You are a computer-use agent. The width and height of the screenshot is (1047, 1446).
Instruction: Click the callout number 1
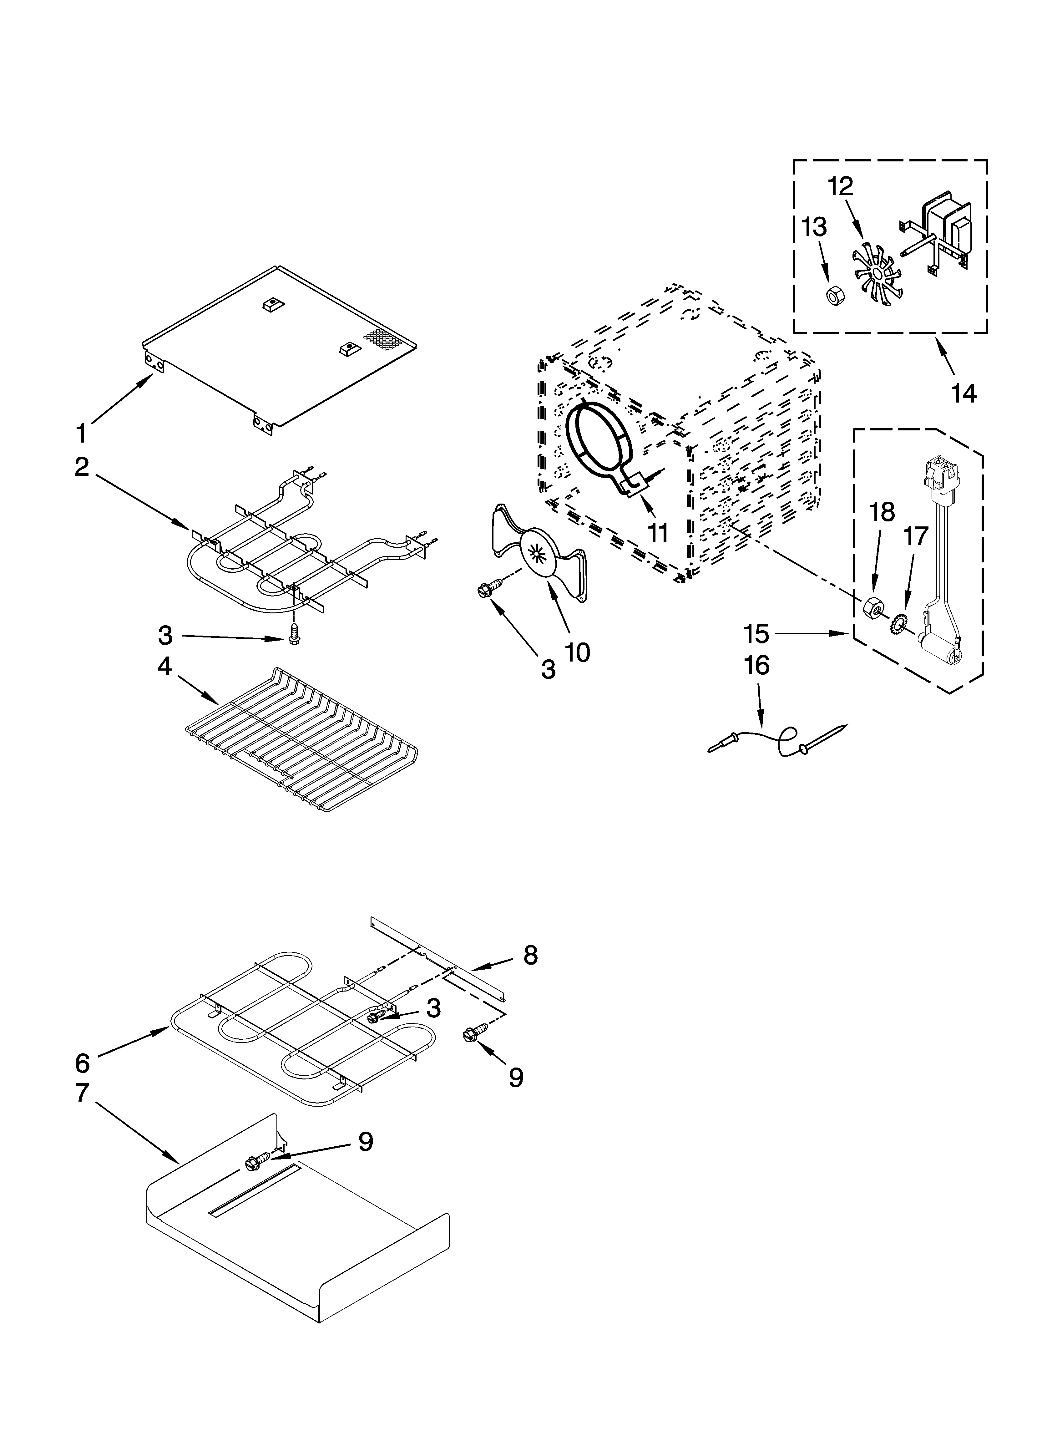click(81, 434)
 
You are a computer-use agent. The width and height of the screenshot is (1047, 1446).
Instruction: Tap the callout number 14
click(964, 393)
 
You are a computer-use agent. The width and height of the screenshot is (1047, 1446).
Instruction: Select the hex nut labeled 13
click(833, 296)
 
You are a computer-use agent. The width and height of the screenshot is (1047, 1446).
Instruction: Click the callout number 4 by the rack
click(164, 667)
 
